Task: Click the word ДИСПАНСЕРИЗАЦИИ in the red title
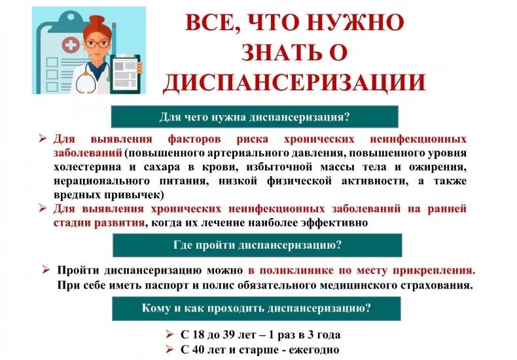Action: pos(294,82)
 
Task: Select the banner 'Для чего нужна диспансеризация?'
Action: pos(255,117)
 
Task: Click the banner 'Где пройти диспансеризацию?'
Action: pos(257,245)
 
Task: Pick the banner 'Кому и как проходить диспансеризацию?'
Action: pos(257,308)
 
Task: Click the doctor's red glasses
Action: pos(97,44)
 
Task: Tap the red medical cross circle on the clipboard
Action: pos(71,45)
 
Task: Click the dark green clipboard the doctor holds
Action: pos(125,74)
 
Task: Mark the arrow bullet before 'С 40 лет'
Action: pos(169,349)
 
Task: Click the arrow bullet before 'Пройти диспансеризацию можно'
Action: pos(46,270)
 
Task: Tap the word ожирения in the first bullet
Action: pos(438,168)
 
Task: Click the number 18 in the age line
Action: pos(198,334)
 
